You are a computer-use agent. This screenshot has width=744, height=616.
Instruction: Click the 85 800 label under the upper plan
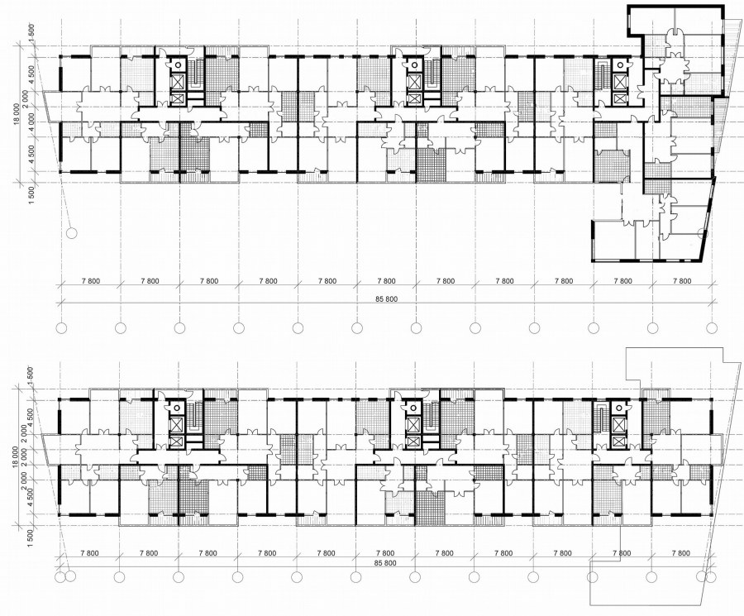[388, 299]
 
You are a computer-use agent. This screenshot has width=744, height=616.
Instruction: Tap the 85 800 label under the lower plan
[385, 563]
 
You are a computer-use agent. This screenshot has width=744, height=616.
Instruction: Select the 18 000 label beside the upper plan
[17, 114]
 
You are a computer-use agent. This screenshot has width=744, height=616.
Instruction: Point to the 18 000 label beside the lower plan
[17, 457]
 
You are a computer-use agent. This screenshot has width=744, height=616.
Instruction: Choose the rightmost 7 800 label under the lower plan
[681, 553]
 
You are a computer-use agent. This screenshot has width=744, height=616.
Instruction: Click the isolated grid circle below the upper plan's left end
[72, 232]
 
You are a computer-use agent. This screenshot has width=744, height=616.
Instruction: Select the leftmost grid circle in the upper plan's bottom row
[61, 328]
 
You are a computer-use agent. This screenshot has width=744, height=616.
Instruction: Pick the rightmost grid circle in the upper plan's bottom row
[712, 328]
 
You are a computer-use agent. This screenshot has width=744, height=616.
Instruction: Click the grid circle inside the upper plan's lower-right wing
[703, 232]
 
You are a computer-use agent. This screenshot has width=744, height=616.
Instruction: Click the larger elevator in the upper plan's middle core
[415, 82]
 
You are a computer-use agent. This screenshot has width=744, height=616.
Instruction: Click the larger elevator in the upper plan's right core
[620, 82]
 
